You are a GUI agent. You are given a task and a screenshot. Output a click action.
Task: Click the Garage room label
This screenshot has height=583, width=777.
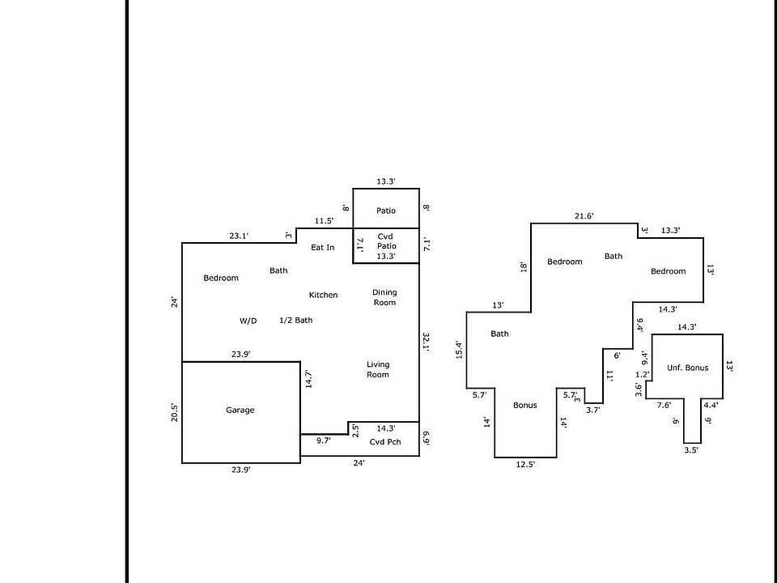[240, 410]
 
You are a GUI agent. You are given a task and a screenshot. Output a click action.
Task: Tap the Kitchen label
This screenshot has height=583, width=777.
[323, 295]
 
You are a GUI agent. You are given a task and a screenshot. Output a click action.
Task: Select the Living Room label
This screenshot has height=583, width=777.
[378, 369]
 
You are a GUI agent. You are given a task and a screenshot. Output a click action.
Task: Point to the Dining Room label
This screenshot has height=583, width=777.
[384, 297]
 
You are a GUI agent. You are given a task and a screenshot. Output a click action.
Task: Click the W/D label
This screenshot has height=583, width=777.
[248, 321]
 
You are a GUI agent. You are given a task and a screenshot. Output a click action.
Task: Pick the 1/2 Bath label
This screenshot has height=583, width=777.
[296, 321]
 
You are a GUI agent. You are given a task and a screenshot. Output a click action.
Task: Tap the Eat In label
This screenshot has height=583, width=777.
[323, 248]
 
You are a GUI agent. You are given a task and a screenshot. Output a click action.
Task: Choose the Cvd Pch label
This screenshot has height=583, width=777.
[385, 442]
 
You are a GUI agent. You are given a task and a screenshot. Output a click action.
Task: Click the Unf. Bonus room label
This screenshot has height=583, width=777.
[687, 368]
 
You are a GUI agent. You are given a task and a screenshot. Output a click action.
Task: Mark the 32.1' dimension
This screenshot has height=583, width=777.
[426, 342]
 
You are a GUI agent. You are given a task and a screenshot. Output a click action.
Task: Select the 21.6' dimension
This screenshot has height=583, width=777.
[584, 216]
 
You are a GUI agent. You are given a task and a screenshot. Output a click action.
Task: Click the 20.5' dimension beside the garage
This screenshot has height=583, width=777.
[175, 412]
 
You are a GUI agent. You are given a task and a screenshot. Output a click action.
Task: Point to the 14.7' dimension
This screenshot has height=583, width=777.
[308, 379]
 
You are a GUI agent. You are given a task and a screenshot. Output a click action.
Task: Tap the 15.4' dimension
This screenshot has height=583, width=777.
[459, 350]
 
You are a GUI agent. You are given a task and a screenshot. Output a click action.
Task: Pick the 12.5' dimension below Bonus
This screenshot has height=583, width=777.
[525, 465]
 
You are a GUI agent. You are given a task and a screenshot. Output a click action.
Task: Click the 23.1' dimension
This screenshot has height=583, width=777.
[239, 236]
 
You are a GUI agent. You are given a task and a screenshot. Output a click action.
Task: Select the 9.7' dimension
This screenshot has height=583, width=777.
[324, 440]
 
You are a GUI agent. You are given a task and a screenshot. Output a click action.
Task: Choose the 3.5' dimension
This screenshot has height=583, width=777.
[691, 450]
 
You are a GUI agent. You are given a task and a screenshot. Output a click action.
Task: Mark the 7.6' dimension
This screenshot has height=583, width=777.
[664, 405]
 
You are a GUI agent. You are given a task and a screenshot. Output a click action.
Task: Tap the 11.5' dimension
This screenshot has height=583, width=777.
[324, 221]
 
